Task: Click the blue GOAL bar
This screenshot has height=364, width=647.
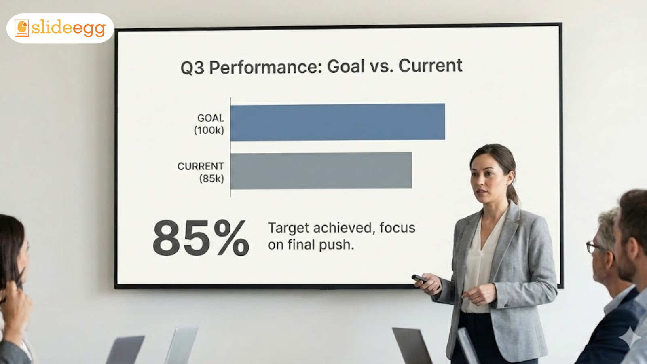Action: (x=338, y=122)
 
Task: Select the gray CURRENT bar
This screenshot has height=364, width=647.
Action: (x=321, y=171)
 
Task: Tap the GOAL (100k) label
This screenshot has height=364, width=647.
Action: (x=209, y=124)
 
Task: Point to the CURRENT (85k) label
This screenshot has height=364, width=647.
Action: (x=201, y=172)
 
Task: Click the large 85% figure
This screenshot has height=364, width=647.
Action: (x=201, y=238)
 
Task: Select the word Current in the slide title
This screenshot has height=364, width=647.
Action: (x=430, y=65)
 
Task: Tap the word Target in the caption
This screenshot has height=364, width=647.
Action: (x=289, y=228)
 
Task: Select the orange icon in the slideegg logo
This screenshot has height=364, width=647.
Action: (x=22, y=28)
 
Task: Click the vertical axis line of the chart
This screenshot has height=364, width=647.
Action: (x=230, y=148)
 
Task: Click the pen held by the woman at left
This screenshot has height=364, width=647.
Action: (x=20, y=278)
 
